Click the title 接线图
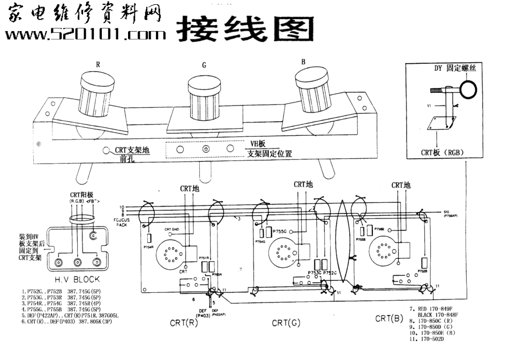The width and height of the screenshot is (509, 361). click(x=244, y=28)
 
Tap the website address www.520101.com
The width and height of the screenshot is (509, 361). click(x=86, y=35)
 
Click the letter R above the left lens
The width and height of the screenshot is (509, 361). click(x=98, y=64)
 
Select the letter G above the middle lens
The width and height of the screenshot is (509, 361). click(x=204, y=66)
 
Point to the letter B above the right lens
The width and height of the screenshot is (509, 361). click(x=303, y=62)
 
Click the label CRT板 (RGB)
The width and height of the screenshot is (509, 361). click(x=442, y=152)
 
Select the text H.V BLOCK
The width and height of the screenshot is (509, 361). click(x=78, y=279)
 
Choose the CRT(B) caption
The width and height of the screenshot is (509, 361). click(x=389, y=318)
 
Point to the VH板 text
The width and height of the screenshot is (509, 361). click(x=259, y=144)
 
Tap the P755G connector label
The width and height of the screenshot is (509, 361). click(x=282, y=231)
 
